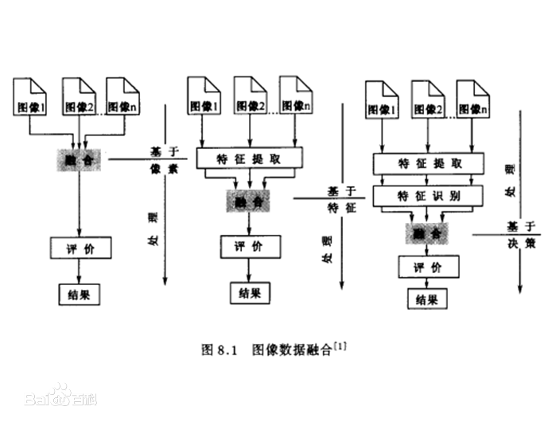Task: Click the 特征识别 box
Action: pos(428,195)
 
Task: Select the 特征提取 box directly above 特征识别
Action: pos(428,164)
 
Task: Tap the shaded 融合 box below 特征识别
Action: pos(428,233)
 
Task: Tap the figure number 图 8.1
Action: pos(220,349)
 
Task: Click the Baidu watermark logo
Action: pos(60,395)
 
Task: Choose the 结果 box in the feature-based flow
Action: pos(250,292)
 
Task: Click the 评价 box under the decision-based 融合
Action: pos(428,268)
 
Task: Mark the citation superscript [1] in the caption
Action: pos(343,345)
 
